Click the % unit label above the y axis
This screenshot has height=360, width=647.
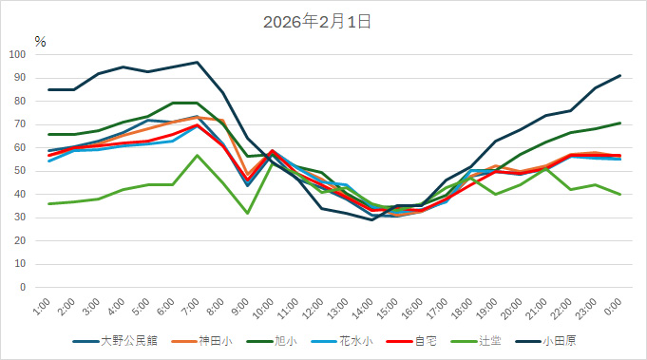[40, 41]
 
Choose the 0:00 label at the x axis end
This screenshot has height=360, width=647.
[614, 306]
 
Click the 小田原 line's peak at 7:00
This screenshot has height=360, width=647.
[197, 62]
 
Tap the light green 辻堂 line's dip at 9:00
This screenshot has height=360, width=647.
[246, 213]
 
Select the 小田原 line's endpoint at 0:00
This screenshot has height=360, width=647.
[620, 75]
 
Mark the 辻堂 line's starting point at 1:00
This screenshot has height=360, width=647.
[48, 203]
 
